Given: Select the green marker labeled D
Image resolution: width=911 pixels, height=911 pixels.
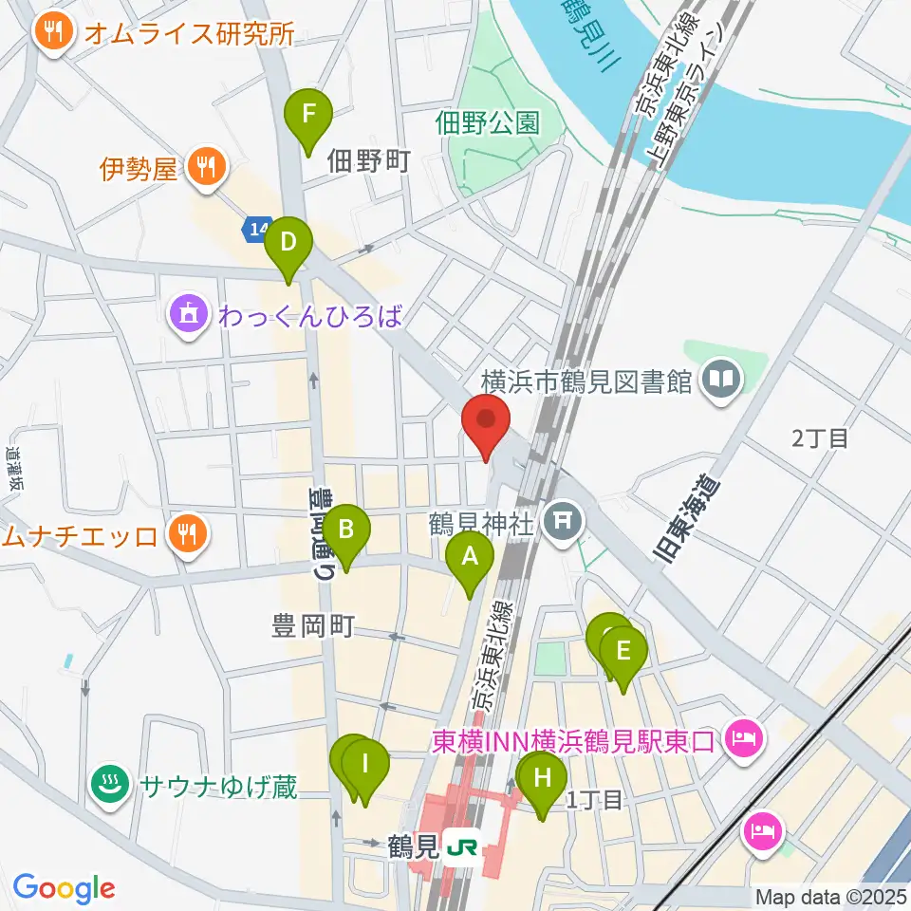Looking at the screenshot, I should pyautogui.click(x=288, y=245).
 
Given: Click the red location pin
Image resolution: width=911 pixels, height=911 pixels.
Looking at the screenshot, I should pyautogui.click(x=486, y=423).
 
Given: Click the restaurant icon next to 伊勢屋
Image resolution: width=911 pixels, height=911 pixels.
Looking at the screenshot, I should pyautogui.click(x=205, y=169).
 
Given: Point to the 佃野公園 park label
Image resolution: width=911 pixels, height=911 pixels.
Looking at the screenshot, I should pyautogui.click(x=488, y=121).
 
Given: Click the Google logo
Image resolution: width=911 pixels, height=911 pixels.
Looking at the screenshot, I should pyautogui.click(x=64, y=888).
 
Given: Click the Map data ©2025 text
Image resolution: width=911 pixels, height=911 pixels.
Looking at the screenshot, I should pyautogui.click(x=830, y=896).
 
